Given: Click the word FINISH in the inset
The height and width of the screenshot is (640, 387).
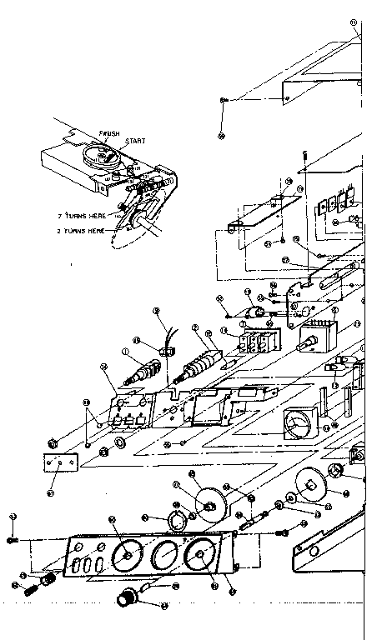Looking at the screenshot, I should point(108,133).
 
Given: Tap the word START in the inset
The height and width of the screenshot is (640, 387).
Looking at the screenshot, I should point(134,142).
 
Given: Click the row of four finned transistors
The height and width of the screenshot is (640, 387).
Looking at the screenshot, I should point(334,204).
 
